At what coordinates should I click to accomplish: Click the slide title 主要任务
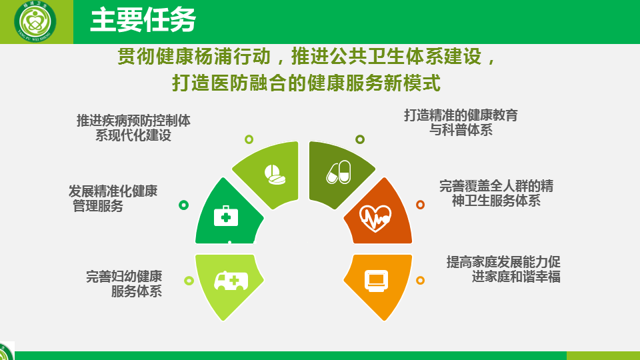(x=143, y=20)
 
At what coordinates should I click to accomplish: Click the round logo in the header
(x=35, y=21)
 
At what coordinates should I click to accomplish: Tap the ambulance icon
(x=231, y=281)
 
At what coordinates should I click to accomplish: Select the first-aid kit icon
(x=226, y=216)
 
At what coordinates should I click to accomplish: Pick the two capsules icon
(x=339, y=172)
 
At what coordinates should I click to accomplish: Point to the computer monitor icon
(x=376, y=281)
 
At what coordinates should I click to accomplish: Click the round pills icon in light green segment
(x=274, y=174)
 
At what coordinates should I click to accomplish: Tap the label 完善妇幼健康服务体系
(x=124, y=284)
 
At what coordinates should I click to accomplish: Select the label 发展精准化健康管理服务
(x=113, y=199)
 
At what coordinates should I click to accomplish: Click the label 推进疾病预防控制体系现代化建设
(x=133, y=128)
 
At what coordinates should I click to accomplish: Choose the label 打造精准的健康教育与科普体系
(x=461, y=123)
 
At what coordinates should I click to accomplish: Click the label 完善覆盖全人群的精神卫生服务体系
(x=496, y=193)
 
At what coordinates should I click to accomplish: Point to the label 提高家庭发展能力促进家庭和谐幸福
(x=503, y=269)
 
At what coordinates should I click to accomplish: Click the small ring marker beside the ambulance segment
(x=189, y=281)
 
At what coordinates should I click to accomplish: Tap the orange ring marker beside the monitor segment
(x=420, y=281)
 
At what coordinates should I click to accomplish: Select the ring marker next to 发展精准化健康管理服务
(x=184, y=205)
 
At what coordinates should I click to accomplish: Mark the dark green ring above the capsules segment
(x=359, y=139)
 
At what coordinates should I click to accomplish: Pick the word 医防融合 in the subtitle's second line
(x=249, y=83)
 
